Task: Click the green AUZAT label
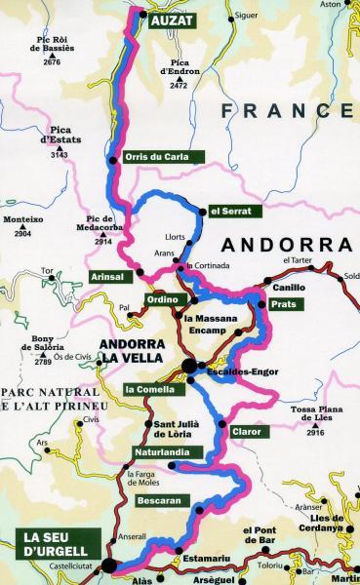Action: coord(173,19)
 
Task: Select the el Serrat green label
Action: coord(230,211)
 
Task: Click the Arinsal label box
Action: coord(109,277)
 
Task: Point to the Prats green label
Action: coord(285,304)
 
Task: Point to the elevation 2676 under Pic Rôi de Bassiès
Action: coord(53,62)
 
